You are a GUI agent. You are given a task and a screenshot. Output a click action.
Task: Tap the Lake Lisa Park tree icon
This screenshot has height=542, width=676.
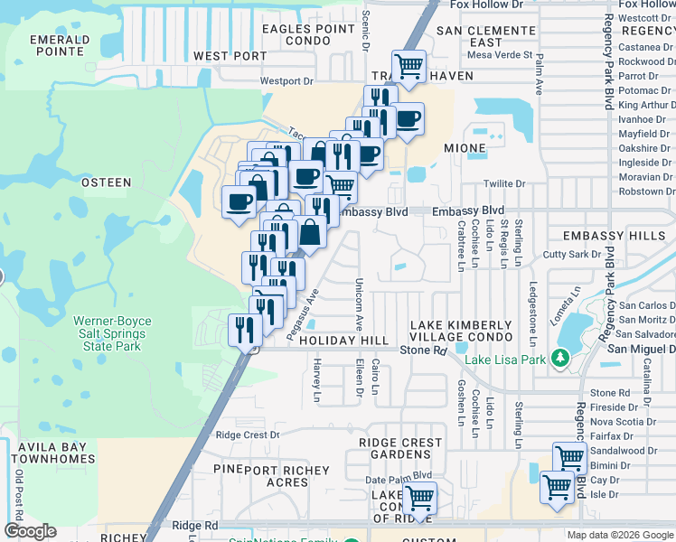coord(560,360)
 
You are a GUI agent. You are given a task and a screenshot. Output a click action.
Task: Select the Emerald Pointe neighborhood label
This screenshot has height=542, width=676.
coord(60,46)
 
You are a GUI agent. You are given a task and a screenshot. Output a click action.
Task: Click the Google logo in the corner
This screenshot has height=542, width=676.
coord(30,531)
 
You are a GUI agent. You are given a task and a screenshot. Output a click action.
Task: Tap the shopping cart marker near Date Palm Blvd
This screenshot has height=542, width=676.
coord(419,497)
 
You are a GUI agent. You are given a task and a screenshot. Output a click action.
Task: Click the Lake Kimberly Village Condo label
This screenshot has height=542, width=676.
coord(462,331)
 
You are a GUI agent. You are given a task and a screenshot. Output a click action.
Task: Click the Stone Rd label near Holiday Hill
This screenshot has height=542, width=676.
coord(424,350)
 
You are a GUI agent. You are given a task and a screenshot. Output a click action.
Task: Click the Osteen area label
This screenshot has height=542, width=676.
coord(107,182)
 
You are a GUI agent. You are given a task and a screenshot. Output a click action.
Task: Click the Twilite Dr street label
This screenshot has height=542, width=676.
coord(504,183)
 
